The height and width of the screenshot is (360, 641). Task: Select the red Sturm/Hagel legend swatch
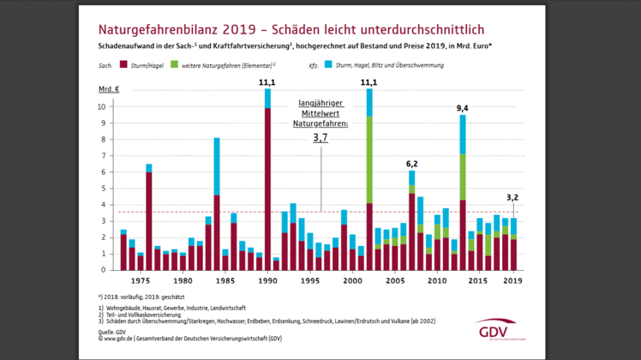123,64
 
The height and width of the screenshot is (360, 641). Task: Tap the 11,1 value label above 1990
267,82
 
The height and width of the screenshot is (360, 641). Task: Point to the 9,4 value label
462,108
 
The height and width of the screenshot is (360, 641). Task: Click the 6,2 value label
411,163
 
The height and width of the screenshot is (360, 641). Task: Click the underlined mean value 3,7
320,137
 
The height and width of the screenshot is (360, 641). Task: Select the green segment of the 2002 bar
369,159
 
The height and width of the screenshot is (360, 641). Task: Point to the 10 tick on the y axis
105,107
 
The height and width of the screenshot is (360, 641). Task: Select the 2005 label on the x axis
394,280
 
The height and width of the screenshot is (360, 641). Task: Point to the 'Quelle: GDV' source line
117,330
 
